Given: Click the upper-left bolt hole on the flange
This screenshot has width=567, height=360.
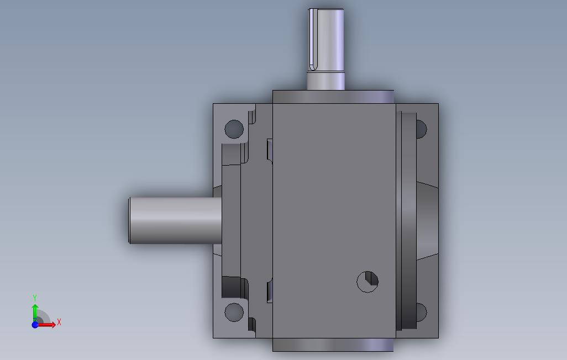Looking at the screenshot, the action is coord(234,129).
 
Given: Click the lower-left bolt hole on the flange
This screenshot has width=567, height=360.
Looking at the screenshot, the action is coord(234,313).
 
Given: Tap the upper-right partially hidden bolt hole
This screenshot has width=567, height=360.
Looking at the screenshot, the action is coord(422,129).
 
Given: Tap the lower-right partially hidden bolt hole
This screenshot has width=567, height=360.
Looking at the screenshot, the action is coord(422,313).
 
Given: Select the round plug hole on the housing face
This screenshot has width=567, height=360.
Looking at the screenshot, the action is coord(368,282).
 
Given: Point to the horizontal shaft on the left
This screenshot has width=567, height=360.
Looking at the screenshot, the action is coord(175,220).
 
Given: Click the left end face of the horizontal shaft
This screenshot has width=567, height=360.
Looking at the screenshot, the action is coord(129,220).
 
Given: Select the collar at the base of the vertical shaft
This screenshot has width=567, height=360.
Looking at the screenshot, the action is coord(326,81).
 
